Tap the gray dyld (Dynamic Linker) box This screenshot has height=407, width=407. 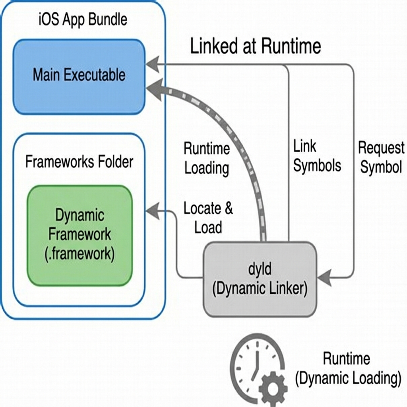click(x=260, y=279)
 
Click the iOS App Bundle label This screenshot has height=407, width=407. click(x=83, y=20)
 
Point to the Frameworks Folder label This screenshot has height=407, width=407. click(x=79, y=162)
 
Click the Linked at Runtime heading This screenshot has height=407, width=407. click(x=255, y=47)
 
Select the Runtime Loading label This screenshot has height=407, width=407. click(x=207, y=159)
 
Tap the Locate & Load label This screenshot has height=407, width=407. click(x=208, y=218)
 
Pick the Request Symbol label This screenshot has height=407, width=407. click(x=381, y=157)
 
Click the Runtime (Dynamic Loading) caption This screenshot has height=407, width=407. click(x=347, y=368)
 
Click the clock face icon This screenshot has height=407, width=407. click(x=254, y=362)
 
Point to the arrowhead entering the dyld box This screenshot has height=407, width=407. click(x=324, y=277)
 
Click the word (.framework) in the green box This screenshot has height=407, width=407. click(x=79, y=253)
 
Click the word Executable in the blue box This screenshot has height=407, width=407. click(x=100, y=75)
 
